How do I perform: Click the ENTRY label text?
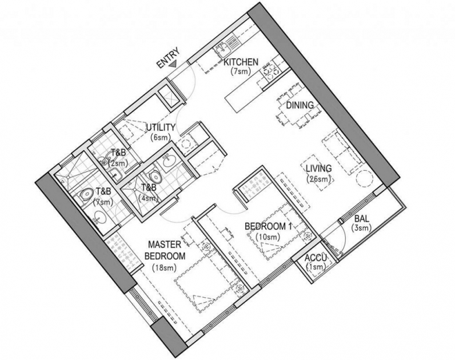(x=168, y=58)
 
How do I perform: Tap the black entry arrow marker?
(x=173, y=65)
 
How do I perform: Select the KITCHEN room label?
(x=241, y=62)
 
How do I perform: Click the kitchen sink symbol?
(x=222, y=49)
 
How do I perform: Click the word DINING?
(x=300, y=105)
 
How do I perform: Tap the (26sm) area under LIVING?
(x=318, y=179)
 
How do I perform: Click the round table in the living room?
(x=364, y=178)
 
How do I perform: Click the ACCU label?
(x=316, y=258)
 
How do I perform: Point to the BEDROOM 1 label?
(x=268, y=226)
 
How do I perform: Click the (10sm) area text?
(x=268, y=237)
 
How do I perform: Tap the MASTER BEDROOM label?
(x=165, y=250)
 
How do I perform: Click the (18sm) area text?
(x=164, y=268)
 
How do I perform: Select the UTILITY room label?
(x=161, y=127)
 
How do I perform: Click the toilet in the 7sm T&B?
(x=86, y=195)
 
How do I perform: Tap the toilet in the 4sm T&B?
(x=154, y=176)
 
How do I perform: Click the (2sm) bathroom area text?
(x=118, y=163)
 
